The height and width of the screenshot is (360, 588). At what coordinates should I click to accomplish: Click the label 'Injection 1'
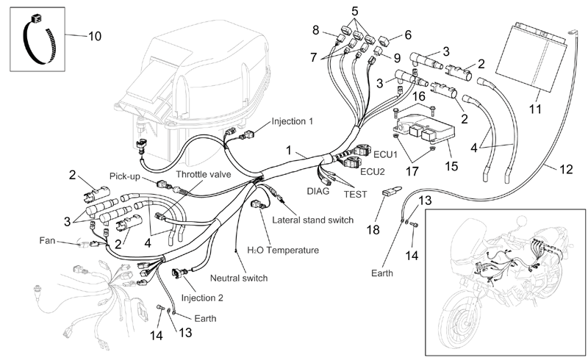coord(292,121)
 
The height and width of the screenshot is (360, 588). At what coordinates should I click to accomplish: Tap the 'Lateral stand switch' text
coord(313,220)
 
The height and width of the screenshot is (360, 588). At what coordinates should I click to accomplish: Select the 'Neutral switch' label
coord(239,278)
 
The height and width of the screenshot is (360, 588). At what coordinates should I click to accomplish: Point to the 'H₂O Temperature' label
coord(283,250)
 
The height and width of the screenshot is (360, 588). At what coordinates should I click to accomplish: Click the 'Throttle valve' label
coord(204,174)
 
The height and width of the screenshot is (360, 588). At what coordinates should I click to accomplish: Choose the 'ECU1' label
coord(385,154)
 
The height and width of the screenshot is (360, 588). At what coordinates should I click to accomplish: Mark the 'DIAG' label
coord(318,191)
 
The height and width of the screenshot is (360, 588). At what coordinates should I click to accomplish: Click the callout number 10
coord(95,37)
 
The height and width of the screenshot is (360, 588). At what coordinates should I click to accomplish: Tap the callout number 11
coord(536,109)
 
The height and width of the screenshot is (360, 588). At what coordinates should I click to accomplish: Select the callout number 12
coord(566,170)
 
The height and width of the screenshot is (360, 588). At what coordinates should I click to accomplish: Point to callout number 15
coord(451,166)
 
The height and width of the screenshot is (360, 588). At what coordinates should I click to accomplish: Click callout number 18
coord(373,229)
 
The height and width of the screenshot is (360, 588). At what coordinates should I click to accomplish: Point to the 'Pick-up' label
coord(124,176)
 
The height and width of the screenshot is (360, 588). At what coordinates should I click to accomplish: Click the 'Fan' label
coord(47,240)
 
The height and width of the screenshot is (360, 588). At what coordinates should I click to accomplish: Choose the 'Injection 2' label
coord(202,298)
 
